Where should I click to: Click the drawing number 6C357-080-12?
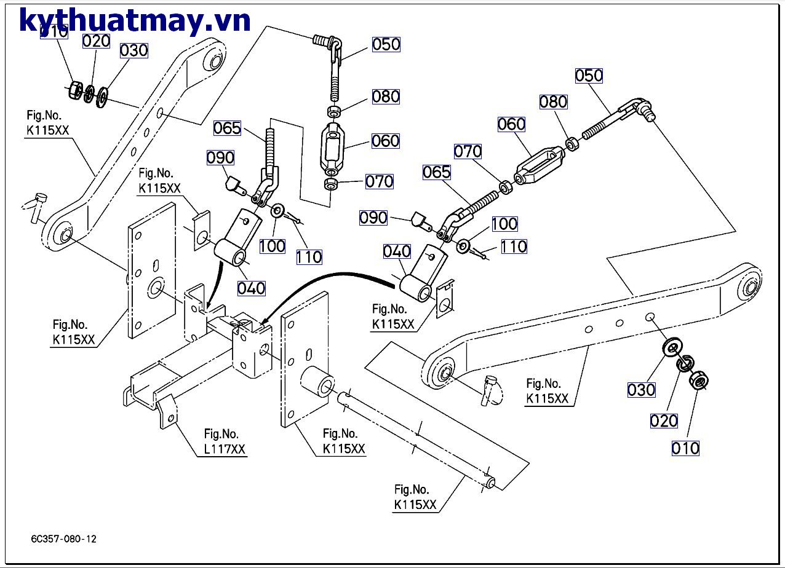point(64,539)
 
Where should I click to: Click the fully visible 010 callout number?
point(685,448)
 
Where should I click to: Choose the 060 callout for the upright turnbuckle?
point(385,141)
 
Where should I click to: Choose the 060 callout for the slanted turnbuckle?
point(511,124)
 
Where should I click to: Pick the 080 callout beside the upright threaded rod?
point(385,97)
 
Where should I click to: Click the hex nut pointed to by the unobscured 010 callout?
point(698,382)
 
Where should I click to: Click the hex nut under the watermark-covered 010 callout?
point(74,90)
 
